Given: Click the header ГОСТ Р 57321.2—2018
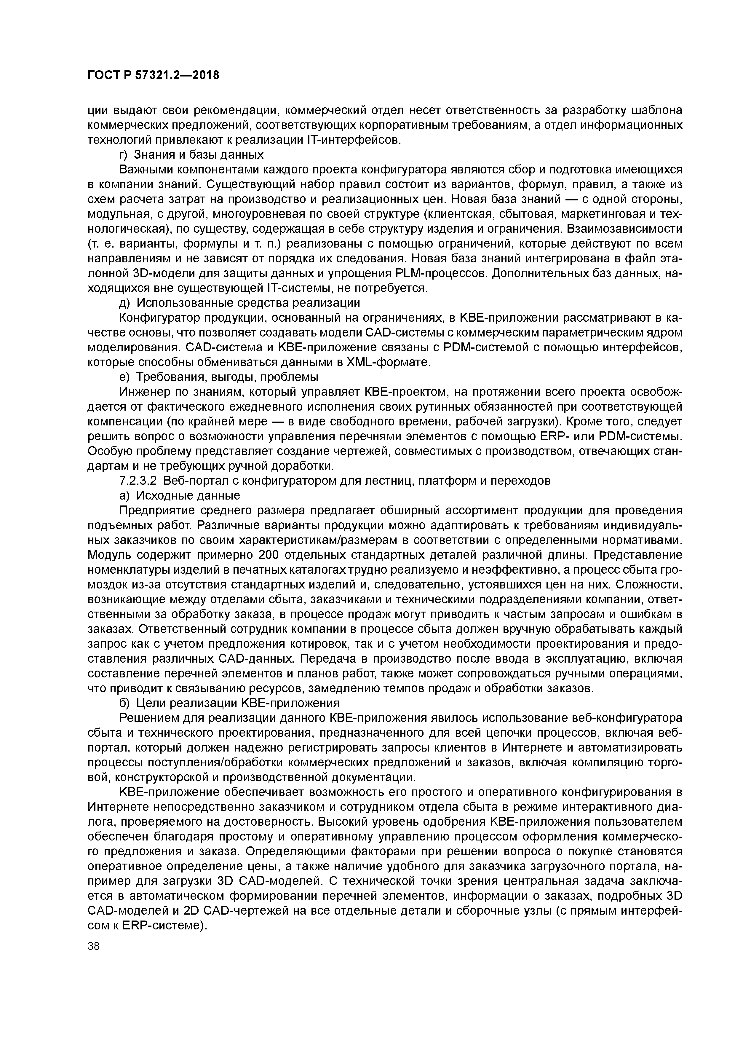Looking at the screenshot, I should pos(153,75).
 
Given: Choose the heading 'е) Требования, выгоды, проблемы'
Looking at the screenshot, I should pos(218,377).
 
